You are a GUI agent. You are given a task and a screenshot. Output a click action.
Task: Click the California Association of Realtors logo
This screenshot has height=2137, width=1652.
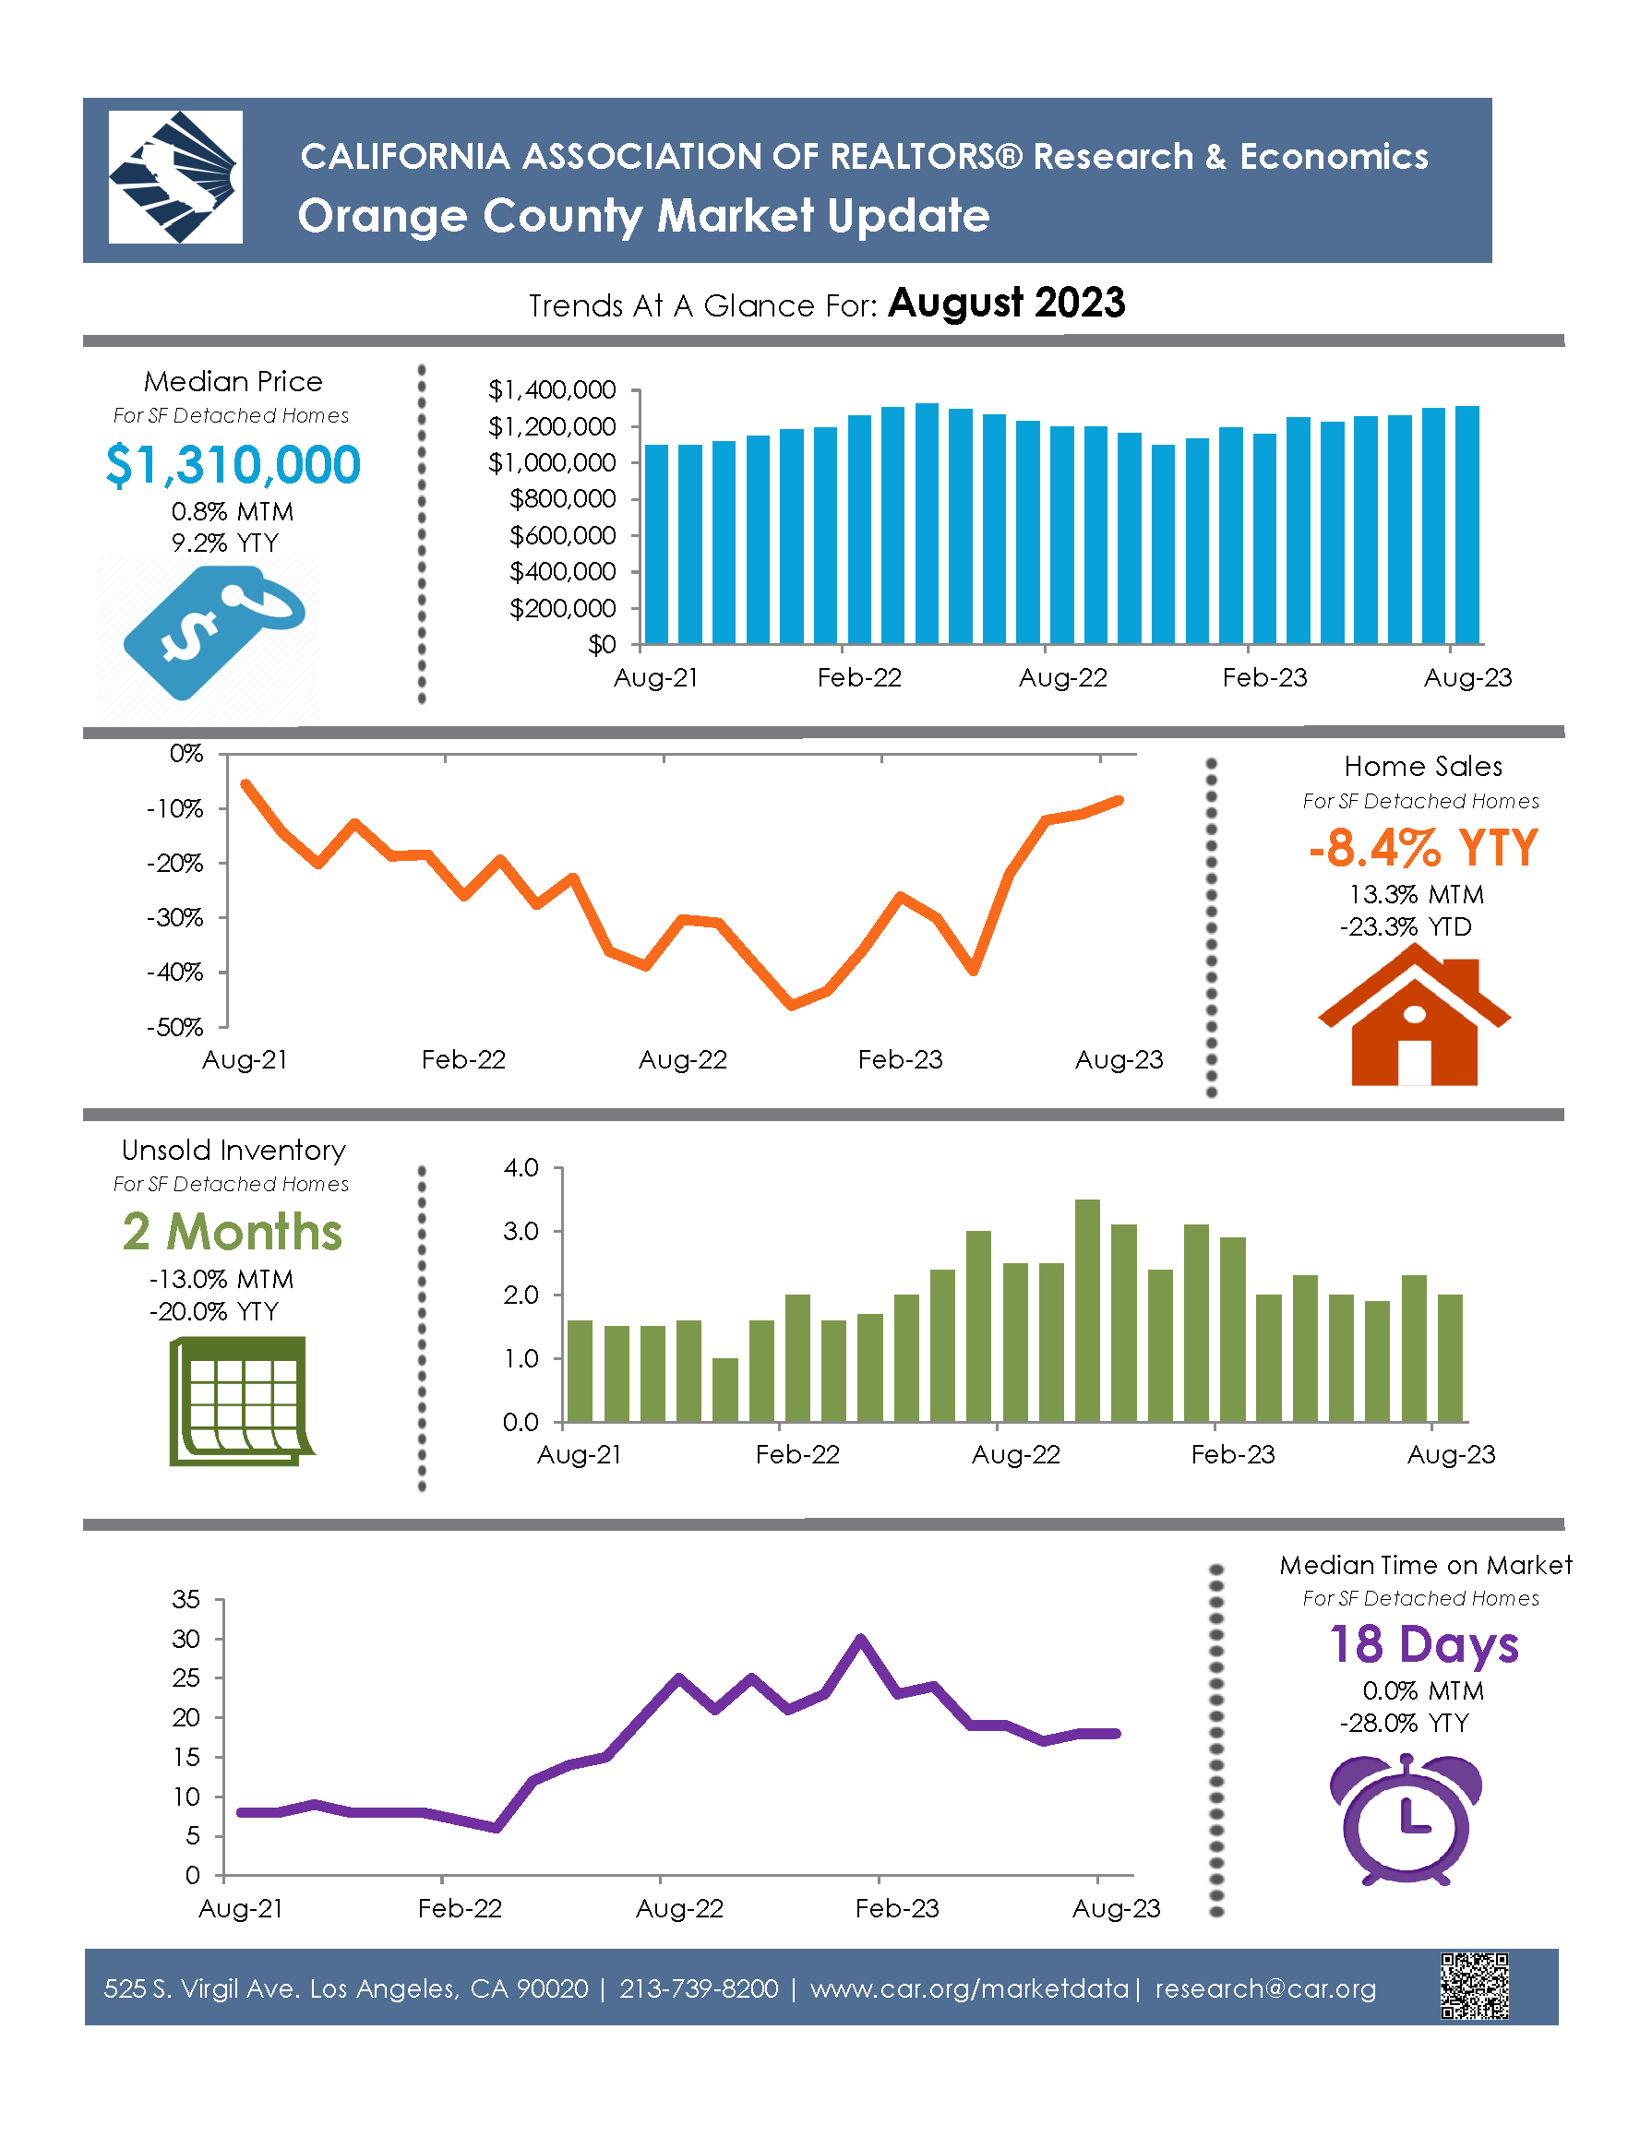tap(175, 177)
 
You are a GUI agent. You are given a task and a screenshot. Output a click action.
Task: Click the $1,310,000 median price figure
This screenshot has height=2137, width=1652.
tap(233, 465)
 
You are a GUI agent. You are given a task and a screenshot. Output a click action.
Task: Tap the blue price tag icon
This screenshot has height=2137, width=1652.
tap(213, 632)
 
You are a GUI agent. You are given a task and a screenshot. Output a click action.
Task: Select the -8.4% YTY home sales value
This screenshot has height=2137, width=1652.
tap(1423, 848)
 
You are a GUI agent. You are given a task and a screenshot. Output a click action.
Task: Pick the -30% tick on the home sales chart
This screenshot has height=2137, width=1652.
tap(175, 918)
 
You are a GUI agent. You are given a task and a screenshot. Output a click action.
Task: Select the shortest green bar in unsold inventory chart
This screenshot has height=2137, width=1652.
tap(725, 1390)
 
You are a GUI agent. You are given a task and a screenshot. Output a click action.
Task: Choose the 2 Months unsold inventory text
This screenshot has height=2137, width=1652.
tap(233, 1232)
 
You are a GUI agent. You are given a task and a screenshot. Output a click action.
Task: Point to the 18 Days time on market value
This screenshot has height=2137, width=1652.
tap(1423, 1645)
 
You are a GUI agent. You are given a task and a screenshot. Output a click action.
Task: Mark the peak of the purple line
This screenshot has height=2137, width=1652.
tap(860, 1638)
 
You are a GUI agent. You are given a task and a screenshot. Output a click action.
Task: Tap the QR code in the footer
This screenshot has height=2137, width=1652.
tap(1474, 1987)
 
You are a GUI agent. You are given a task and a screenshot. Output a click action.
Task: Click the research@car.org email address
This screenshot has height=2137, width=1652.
tap(1265, 1989)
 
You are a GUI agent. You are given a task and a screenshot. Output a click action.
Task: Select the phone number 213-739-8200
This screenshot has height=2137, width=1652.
tap(699, 1989)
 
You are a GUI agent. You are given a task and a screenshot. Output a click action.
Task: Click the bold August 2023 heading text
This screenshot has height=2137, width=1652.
tap(1006, 304)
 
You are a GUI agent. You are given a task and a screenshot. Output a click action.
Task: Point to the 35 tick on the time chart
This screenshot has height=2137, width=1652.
tap(186, 1600)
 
